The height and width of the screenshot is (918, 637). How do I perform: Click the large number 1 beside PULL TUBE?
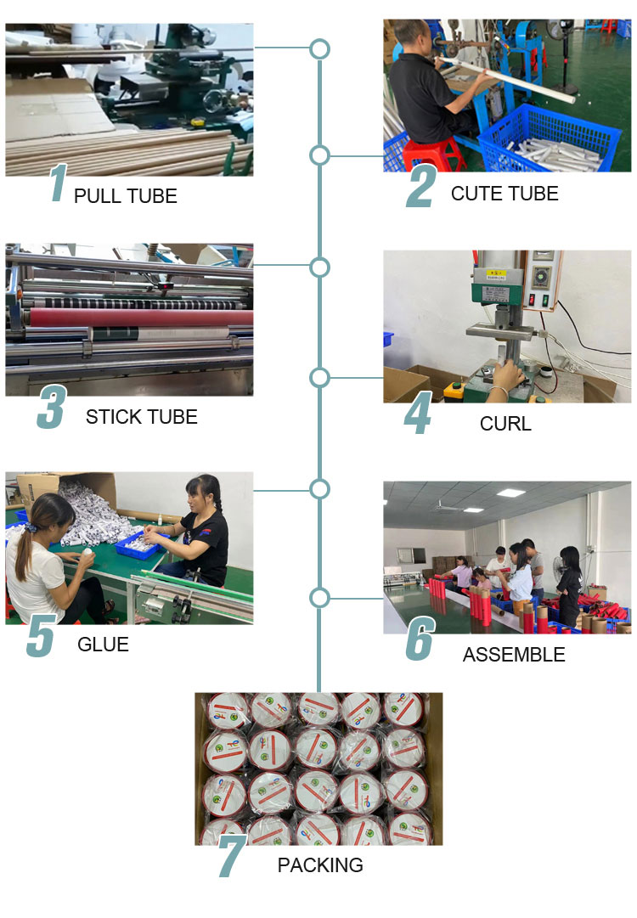(59, 183)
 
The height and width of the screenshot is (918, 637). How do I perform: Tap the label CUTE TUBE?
(505, 194)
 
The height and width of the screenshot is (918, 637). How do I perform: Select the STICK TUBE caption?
(142, 417)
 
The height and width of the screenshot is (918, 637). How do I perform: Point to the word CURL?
(506, 424)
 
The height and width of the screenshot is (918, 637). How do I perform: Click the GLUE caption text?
(103, 645)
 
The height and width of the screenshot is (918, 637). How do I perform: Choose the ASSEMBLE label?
(514, 655)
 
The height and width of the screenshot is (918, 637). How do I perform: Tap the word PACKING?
(320, 865)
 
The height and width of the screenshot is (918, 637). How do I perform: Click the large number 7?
(231, 856)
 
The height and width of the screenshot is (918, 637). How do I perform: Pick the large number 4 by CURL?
(418, 414)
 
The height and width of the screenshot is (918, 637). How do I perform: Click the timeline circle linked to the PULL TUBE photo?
(319, 49)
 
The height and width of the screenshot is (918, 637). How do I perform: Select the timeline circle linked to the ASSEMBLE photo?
(319, 598)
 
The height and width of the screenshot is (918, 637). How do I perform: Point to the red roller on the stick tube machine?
(140, 318)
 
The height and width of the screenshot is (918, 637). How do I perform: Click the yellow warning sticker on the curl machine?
(496, 273)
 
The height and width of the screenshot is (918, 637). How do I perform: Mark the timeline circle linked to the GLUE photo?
(319, 489)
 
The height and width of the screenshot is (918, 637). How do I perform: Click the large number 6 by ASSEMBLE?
(420, 639)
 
